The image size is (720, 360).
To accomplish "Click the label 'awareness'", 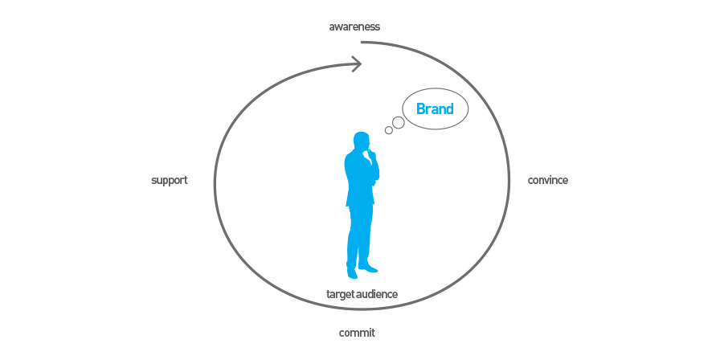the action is [x=354, y=27].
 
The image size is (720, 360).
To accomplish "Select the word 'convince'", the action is [x=548, y=180].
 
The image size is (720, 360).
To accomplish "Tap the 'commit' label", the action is [x=357, y=333].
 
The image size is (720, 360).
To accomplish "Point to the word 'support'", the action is [x=170, y=181].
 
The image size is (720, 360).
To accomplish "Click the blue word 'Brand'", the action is [x=435, y=108].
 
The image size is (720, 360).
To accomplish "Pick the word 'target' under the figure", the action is [x=339, y=294].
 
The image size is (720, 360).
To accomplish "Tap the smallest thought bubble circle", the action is [x=388, y=130].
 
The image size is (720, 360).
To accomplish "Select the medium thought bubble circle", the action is [x=398, y=122].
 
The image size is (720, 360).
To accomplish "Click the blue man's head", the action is [x=362, y=141].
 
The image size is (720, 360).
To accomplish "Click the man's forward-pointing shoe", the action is [x=368, y=268].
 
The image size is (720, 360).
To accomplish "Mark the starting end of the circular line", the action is [x=362, y=43].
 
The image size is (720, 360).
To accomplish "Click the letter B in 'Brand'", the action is [x=420, y=108].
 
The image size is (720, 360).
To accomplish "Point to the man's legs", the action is [x=359, y=236].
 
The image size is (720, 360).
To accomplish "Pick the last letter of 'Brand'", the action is [x=450, y=108].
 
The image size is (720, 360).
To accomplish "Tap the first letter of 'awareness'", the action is [x=332, y=27].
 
